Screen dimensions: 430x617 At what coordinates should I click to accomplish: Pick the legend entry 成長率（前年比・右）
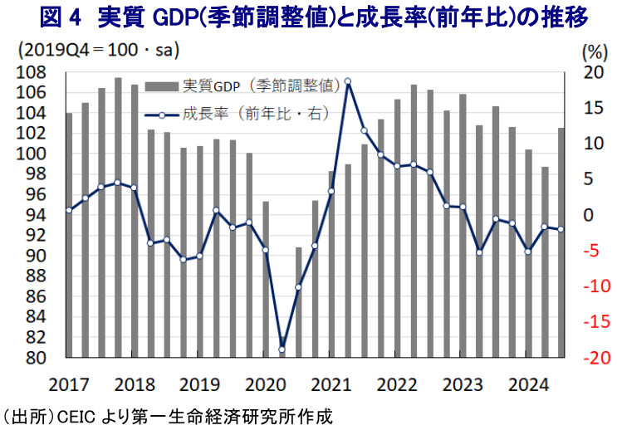(237, 112)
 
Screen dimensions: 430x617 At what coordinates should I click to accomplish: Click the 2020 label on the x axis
(263, 385)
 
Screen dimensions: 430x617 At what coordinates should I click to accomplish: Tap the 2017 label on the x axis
(67, 385)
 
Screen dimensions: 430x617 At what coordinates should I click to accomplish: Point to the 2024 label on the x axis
(526, 385)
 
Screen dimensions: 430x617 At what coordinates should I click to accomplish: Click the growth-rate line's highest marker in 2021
(347, 81)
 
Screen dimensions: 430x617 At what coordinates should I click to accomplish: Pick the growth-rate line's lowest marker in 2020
(282, 349)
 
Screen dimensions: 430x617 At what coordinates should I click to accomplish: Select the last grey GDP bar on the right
(561, 243)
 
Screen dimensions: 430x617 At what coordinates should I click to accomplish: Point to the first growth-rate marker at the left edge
(69, 210)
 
